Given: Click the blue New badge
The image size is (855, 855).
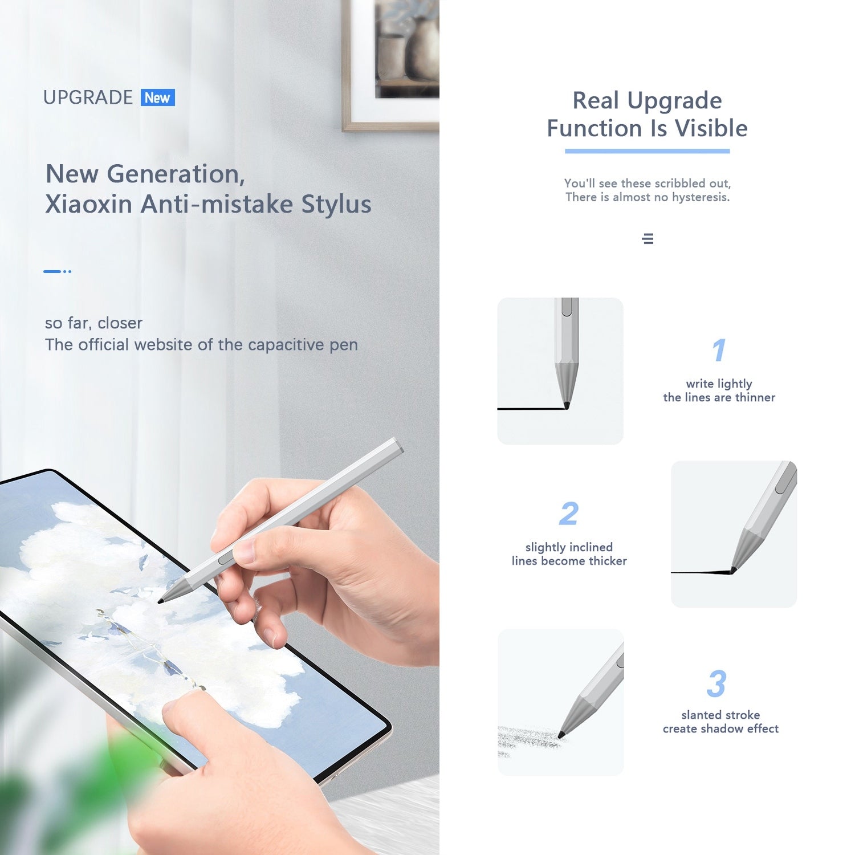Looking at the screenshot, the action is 157,98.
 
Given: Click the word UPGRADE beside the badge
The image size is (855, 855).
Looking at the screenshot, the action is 88,97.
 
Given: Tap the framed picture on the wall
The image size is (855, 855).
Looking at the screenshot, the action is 391,64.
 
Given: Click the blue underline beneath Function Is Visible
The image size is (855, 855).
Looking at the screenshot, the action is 647,151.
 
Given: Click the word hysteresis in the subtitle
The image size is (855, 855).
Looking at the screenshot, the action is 701,197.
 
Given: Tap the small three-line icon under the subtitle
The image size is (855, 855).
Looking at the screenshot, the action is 648,239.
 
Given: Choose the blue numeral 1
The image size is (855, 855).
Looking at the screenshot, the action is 719,350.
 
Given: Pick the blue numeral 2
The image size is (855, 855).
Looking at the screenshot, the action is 569,514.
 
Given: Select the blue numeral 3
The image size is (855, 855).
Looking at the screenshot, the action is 716,683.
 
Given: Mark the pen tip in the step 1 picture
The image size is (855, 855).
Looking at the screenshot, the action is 567,405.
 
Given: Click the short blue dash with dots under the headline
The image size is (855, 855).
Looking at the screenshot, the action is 58,271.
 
